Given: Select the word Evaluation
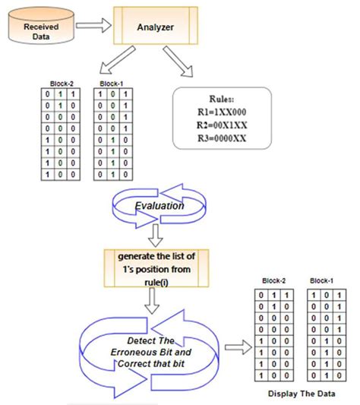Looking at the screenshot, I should tap(159, 207).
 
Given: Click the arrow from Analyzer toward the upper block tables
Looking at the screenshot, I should tap(121, 67).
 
